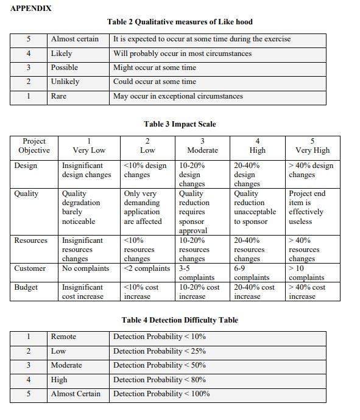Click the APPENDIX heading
click(31, 9)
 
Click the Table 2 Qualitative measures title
click(180, 22)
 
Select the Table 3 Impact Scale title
click(180, 124)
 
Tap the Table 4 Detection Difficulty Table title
click(180, 320)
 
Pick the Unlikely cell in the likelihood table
click(65, 82)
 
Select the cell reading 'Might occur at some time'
click(155, 68)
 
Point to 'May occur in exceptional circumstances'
click(178, 96)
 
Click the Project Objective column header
click(34, 145)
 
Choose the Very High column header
click(312, 145)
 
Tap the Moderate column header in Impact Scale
click(202, 145)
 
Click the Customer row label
click(30, 268)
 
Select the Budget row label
click(26, 287)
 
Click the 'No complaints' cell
click(86, 268)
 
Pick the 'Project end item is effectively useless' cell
click(307, 208)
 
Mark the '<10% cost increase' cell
click(141, 292)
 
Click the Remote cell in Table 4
click(63, 337)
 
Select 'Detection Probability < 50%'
click(160, 365)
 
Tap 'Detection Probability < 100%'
click(161, 394)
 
